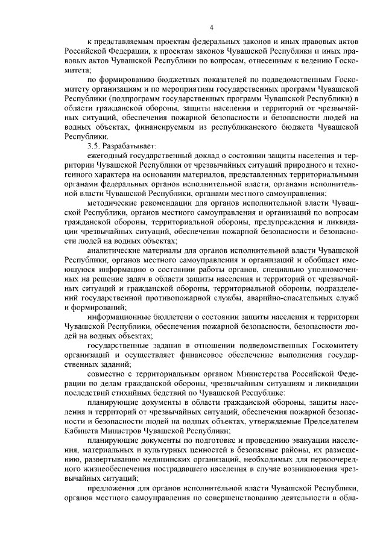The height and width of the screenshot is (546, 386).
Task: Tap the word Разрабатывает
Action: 133,146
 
